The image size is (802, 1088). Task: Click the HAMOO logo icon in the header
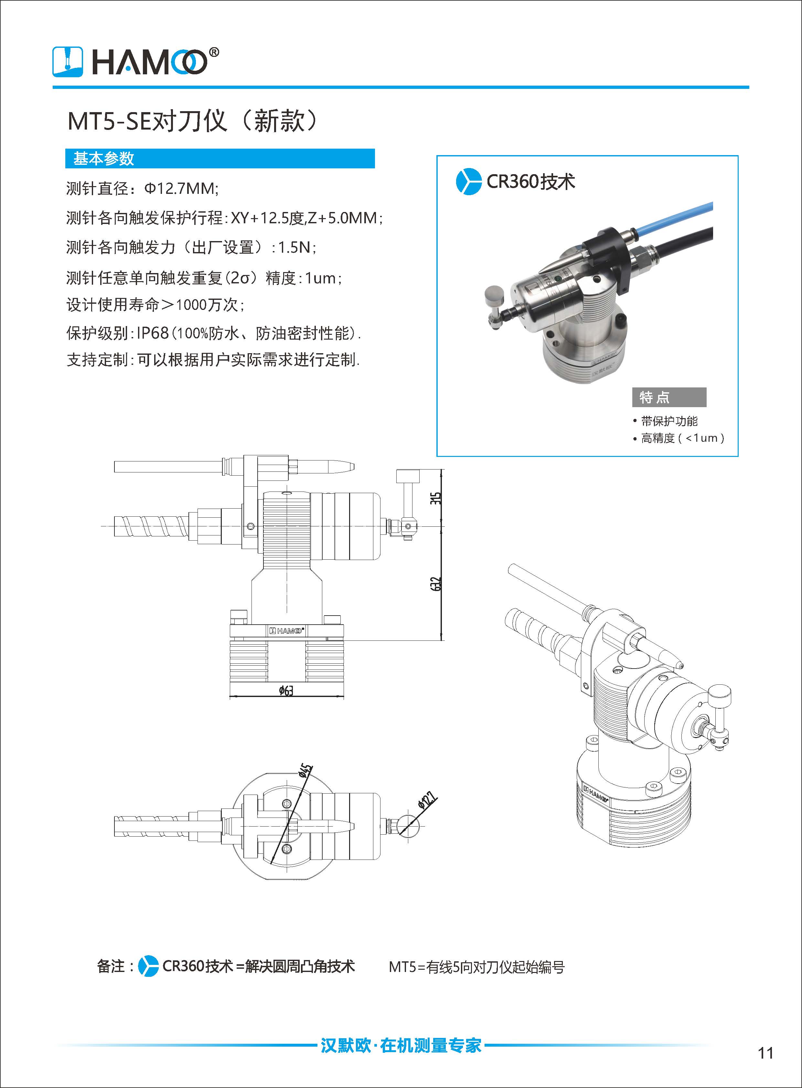click(68, 62)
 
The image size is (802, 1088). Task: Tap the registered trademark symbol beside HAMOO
click(214, 52)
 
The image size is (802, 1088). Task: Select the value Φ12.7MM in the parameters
click(181, 188)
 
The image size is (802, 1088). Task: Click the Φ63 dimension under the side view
click(286, 690)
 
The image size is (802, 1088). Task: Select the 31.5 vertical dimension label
click(436, 498)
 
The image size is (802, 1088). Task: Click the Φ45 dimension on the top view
click(305, 771)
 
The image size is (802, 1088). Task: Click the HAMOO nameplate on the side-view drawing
click(286, 630)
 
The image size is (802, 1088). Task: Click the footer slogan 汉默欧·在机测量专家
click(401, 1045)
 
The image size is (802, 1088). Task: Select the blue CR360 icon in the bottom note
click(148, 966)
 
